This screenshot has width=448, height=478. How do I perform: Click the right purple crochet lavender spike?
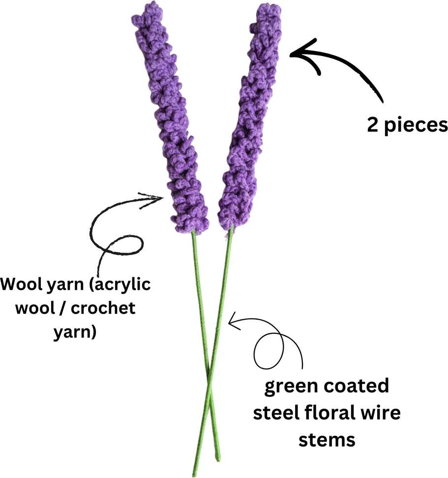(247, 119)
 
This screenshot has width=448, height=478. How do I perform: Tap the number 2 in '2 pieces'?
(372, 125)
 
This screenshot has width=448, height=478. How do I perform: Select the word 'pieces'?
(416, 126)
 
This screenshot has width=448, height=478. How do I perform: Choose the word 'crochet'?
(103, 308)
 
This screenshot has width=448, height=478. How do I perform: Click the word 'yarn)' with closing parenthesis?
(75, 331)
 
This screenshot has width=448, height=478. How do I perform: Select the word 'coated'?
(356, 386)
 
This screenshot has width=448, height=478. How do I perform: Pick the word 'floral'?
(328, 413)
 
